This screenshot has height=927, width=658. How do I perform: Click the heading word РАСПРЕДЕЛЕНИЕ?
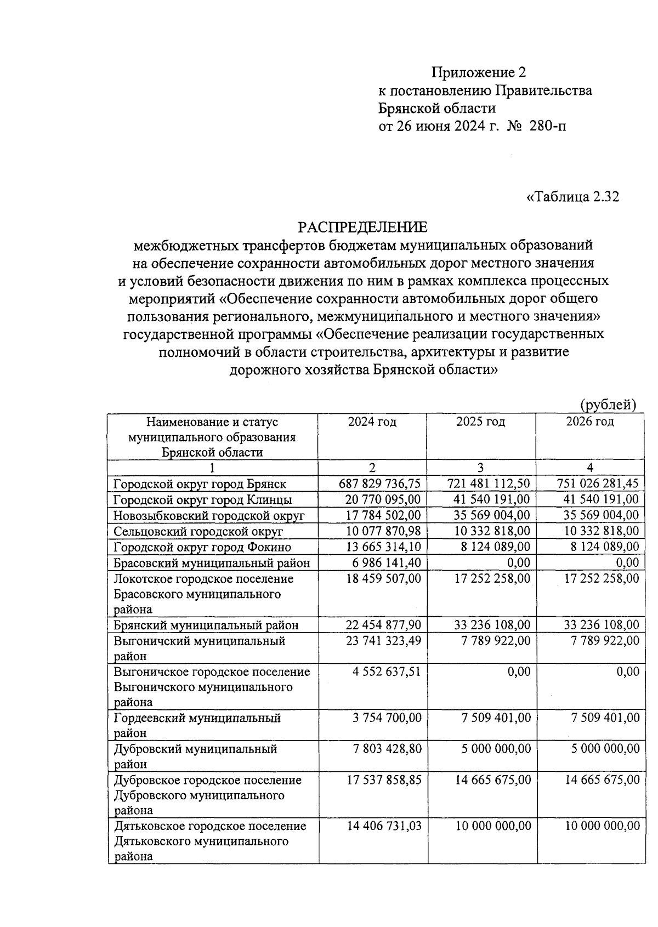362,226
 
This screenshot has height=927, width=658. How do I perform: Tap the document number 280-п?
548,126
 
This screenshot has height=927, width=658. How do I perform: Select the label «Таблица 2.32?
572,197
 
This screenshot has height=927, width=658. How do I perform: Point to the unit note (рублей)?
608,405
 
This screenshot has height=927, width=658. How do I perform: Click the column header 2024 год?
372,422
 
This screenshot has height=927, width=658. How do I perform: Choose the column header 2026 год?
589,422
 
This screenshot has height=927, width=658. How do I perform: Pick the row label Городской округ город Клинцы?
203,500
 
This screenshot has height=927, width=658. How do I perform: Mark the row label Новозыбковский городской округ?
209,516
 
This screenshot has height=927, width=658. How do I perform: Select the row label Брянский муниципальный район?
206,625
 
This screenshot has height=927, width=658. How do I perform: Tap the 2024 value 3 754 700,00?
387,718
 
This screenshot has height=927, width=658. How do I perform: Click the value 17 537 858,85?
384,780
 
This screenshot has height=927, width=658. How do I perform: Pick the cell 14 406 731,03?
384,826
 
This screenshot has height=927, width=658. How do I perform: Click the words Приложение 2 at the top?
478,72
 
